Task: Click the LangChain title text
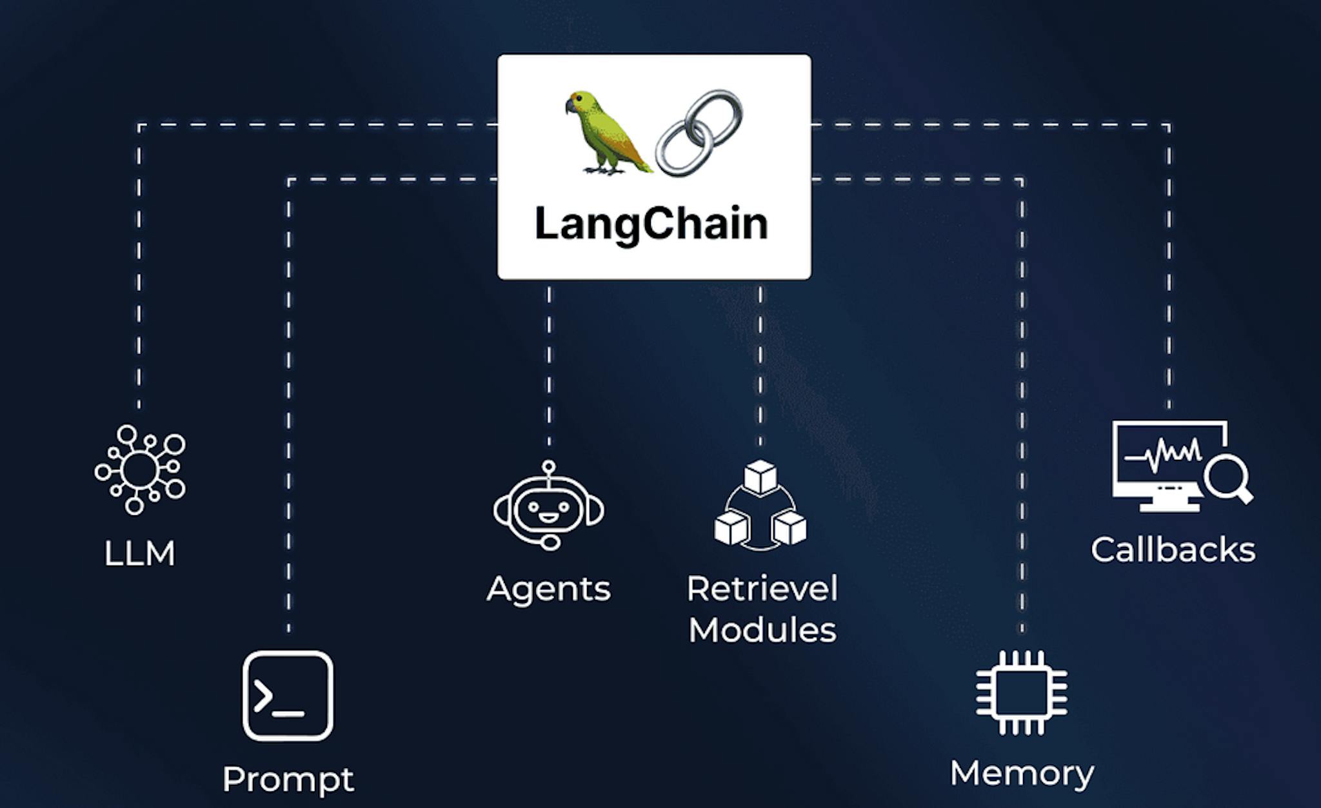[651, 224]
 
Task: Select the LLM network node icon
[139, 469]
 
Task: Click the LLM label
[139, 553]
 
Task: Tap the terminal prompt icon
[288, 696]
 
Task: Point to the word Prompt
[288, 780]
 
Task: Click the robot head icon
[548, 507]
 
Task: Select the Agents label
[548, 589]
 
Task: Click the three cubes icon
[760, 506]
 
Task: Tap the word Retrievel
[762, 589]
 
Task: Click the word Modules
[762, 630]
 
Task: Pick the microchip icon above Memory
[1021, 693]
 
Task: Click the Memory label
[1022, 773]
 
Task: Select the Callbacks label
[1173, 550]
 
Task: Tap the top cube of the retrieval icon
[760, 477]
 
